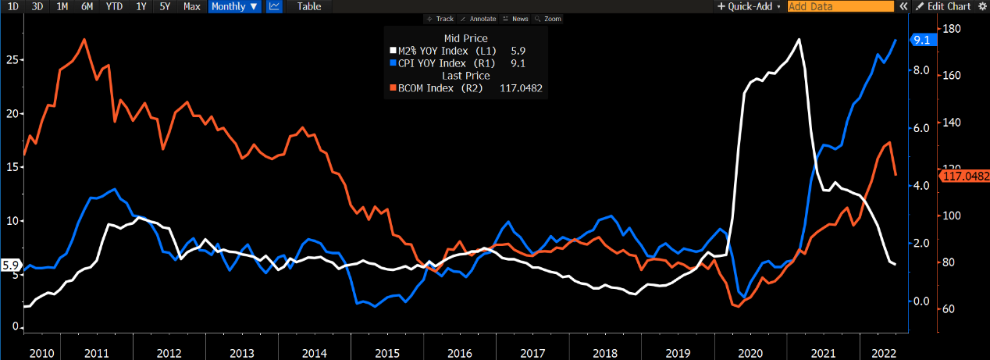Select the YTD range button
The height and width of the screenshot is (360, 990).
tap(115, 6)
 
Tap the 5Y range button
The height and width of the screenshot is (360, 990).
tap(166, 6)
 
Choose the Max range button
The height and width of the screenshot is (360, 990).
tap(191, 6)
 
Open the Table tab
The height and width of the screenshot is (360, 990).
tap(309, 6)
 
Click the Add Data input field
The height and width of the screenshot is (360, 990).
tap(840, 6)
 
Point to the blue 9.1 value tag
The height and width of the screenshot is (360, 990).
tap(921, 41)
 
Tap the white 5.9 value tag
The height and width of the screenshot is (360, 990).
tap(10, 266)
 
